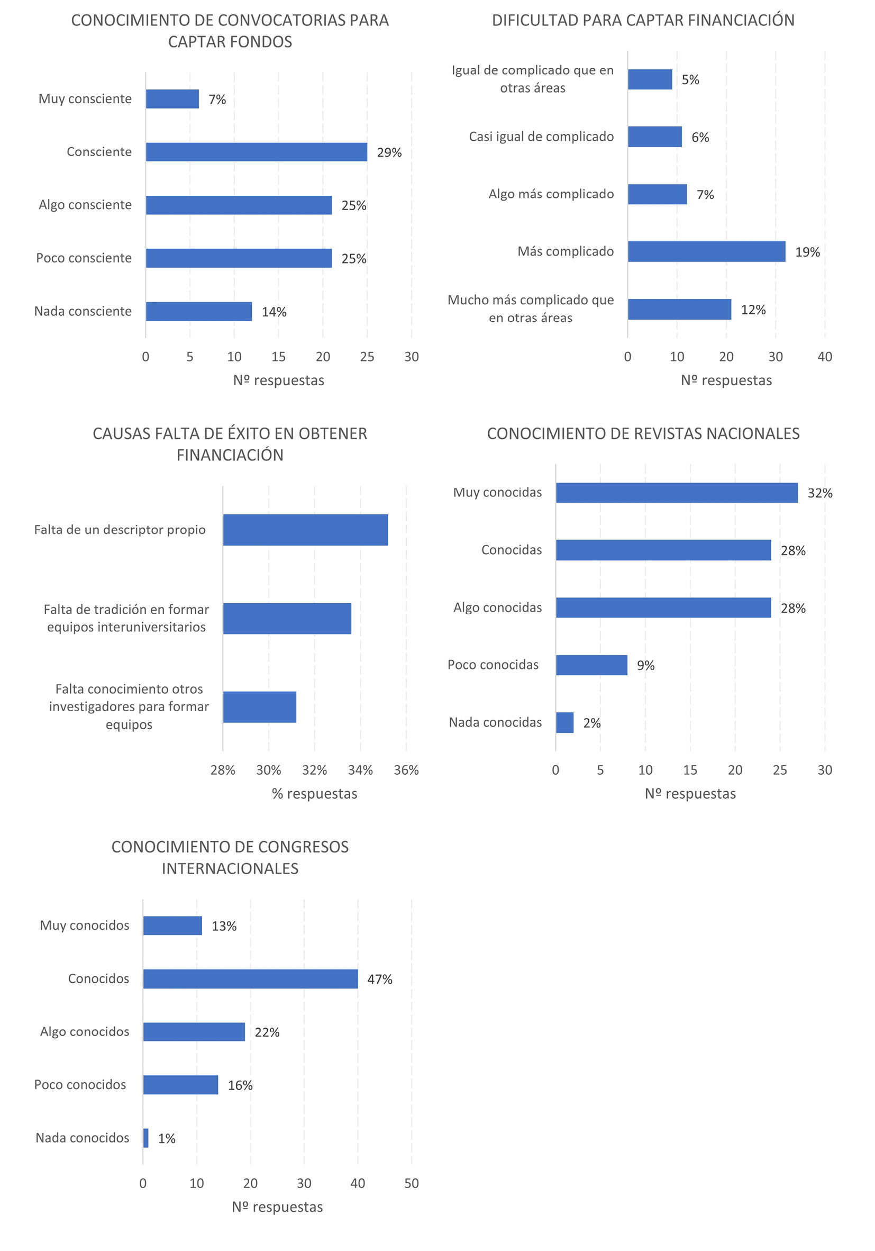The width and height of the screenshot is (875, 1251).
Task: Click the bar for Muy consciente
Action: pyautogui.click(x=172, y=99)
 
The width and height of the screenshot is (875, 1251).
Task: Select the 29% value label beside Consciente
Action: pyautogui.click(x=389, y=152)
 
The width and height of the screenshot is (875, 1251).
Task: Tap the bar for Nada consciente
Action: pyautogui.click(x=199, y=312)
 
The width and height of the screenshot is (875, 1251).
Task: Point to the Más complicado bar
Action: pyautogui.click(x=706, y=252)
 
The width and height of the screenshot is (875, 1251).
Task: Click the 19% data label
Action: pyautogui.click(x=807, y=252)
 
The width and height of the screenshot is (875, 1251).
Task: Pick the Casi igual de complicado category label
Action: pyautogui.click(x=541, y=137)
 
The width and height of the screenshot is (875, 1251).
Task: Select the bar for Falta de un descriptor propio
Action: pyautogui.click(x=305, y=530)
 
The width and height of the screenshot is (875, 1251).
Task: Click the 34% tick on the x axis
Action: pyautogui.click(x=360, y=770)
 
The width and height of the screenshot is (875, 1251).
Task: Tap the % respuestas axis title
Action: pyautogui.click(x=314, y=794)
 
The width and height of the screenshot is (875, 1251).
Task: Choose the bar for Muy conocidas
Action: pyautogui.click(x=677, y=493)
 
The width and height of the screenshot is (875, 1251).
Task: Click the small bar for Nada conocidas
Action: pyautogui.click(x=564, y=722)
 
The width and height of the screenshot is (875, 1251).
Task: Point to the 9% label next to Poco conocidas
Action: pyautogui.click(x=645, y=665)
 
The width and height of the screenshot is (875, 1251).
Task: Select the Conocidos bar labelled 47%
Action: pyautogui.click(x=250, y=978)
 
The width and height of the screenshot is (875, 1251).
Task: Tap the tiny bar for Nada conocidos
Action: pyautogui.click(x=145, y=1138)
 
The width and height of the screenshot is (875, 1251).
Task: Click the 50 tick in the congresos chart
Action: pyautogui.click(x=412, y=1183)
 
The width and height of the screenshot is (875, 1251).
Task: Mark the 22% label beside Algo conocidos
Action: pyautogui.click(x=267, y=1032)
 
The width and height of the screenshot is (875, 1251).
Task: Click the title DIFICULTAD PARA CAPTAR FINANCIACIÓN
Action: pyautogui.click(x=643, y=21)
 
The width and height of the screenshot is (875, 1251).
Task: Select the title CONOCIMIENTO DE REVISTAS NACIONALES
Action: pyautogui.click(x=643, y=434)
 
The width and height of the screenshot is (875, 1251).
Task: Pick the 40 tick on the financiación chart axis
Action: pyautogui.click(x=824, y=357)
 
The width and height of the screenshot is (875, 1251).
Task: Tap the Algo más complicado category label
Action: pyautogui.click(x=551, y=194)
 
